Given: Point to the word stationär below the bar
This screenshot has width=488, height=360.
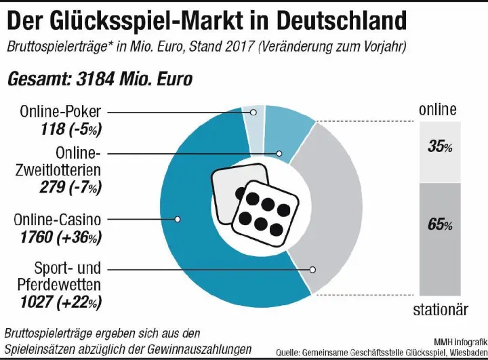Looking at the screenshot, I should [441, 311].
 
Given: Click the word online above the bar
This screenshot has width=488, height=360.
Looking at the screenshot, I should [438, 109].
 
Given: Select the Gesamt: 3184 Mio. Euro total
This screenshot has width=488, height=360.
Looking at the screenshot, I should [100, 79].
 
